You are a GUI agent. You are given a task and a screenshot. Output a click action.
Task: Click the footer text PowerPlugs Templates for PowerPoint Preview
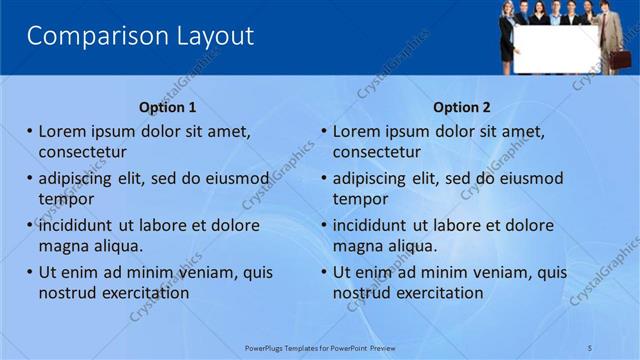coord(320,347)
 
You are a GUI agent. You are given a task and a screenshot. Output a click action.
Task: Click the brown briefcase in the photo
coord(620,59)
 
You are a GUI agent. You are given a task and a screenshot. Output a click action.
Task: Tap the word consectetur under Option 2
coord(376,152)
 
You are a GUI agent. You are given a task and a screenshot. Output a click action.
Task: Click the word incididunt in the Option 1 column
coord(83,225)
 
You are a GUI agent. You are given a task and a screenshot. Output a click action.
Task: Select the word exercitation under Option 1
coord(141,293)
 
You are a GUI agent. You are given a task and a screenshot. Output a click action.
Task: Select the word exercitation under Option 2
coord(435,293)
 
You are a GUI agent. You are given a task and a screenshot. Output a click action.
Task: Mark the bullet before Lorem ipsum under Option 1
coord(30,131)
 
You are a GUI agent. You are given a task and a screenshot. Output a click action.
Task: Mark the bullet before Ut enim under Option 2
coord(324,272)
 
